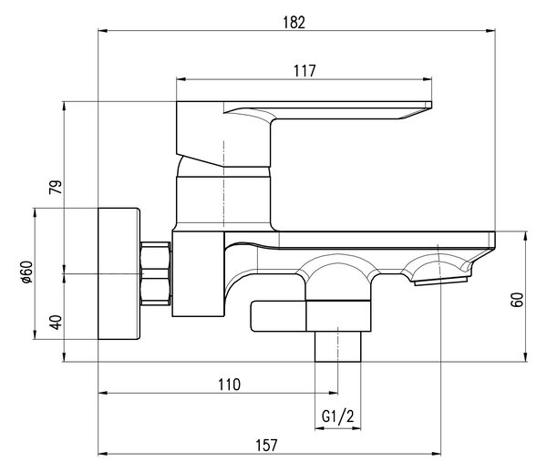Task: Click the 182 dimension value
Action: click(294, 23)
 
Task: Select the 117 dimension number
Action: click(304, 71)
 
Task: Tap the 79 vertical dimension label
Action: click(56, 187)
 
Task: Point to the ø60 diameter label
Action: click(26, 272)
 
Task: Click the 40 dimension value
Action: click(56, 322)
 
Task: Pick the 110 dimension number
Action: click(229, 385)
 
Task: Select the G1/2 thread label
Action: click(337, 416)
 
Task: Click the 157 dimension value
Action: click(266, 446)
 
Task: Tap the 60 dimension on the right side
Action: click(517, 300)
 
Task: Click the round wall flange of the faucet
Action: click(119, 273)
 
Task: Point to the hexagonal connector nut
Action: click(156, 273)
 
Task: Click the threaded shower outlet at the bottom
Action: click(337, 346)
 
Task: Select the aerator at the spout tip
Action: click(441, 281)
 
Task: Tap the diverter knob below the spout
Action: click(278, 316)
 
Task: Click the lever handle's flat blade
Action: click(327, 110)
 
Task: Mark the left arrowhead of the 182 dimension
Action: click(102, 31)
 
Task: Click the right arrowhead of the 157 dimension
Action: click(436, 454)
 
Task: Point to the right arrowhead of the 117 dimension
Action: click(428, 79)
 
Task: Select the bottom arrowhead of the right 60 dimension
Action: click(525, 357)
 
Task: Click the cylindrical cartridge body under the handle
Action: click(223, 200)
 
